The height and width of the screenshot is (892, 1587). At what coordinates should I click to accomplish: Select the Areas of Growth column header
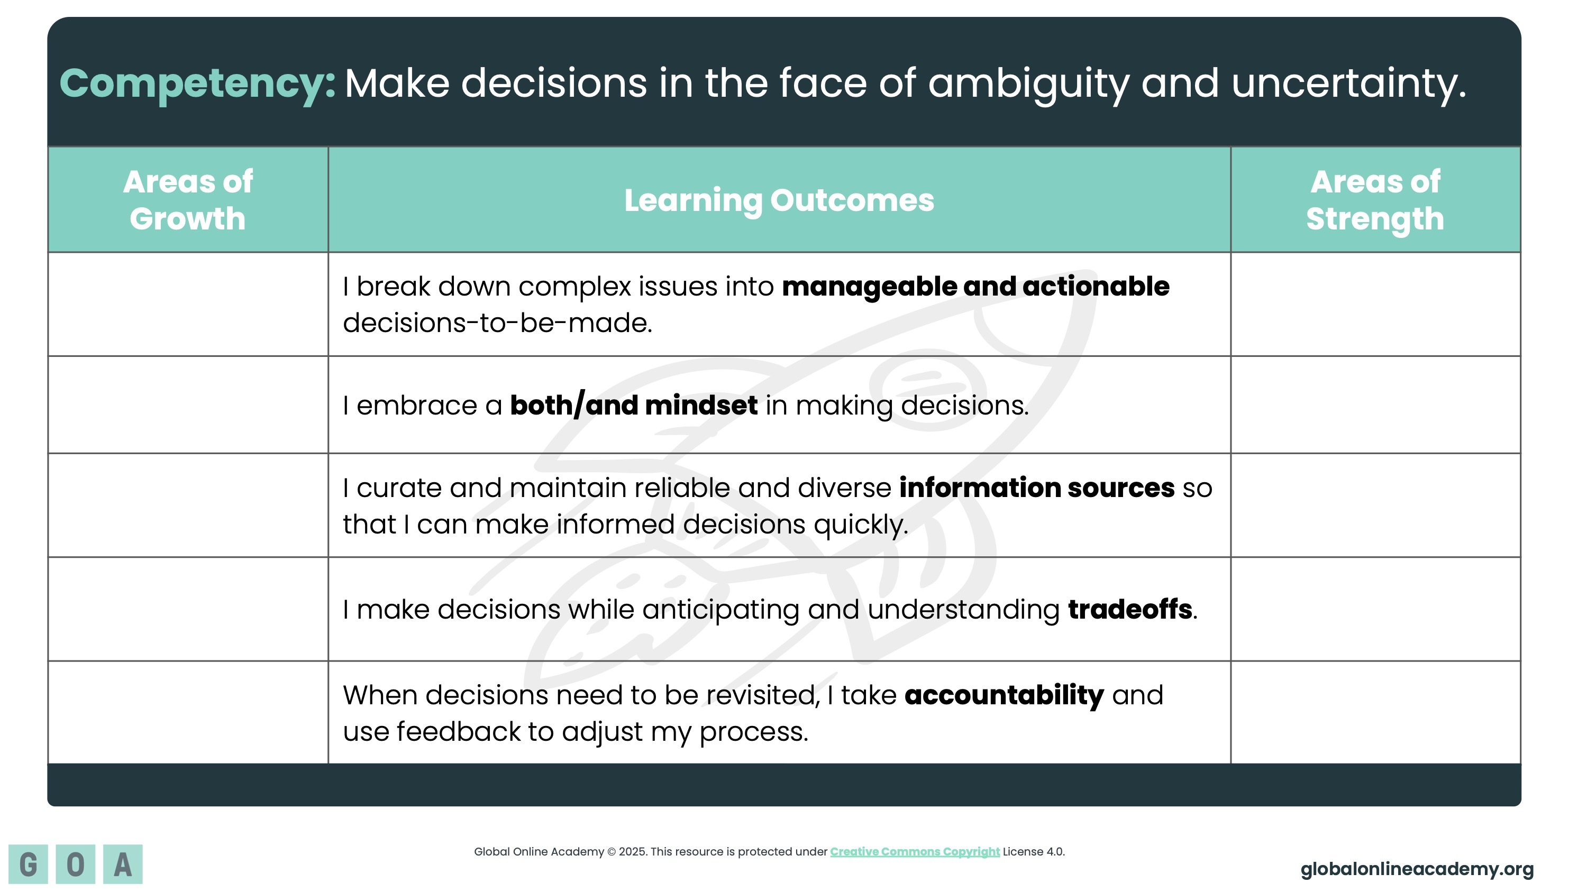(188, 199)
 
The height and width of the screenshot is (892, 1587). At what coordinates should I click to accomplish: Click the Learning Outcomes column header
(779, 200)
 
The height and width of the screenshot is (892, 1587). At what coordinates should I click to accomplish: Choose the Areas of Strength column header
(1375, 199)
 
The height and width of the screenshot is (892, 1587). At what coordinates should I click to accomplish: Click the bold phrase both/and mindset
(634, 406)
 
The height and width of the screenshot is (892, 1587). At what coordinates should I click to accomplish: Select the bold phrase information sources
(1037, 488)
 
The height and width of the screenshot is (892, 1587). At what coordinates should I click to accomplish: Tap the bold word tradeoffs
(1130, 610)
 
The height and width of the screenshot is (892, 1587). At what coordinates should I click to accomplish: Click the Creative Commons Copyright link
(915, 852)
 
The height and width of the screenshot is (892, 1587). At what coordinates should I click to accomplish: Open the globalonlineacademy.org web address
(1417, 869)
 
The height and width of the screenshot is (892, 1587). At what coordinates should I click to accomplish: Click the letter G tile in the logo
(29, 865)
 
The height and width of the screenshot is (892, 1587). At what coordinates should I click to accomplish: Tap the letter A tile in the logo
(123, 865)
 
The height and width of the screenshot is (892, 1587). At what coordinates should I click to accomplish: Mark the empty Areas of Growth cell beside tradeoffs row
(188, 610)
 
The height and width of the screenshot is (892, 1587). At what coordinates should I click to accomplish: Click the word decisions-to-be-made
(497, 323)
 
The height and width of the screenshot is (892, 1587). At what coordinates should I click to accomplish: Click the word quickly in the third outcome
(861, 525)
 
